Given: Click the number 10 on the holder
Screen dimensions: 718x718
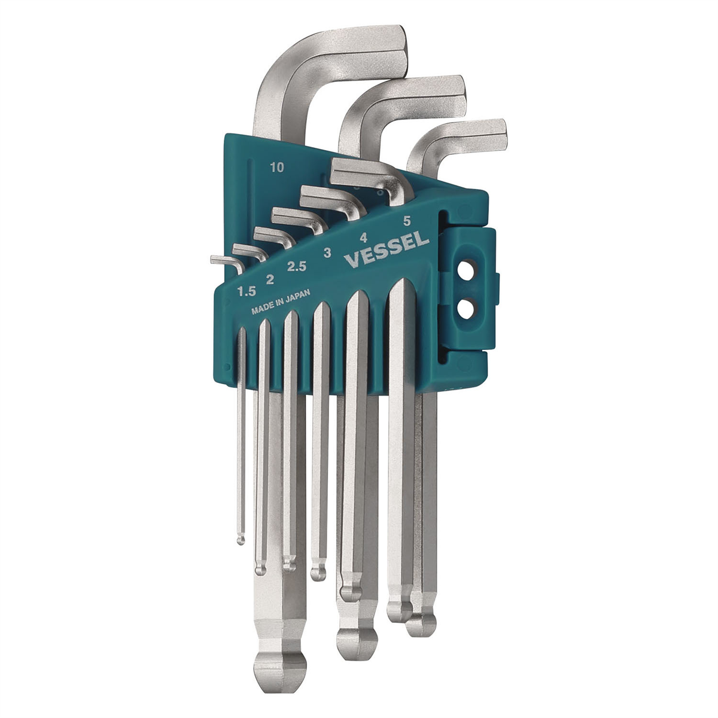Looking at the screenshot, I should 276,168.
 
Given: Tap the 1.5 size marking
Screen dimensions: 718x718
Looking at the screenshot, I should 246,291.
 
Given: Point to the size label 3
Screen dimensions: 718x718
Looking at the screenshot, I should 327,253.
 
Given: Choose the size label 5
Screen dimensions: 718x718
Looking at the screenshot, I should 407,221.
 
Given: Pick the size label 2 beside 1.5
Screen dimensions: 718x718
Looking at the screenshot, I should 270,278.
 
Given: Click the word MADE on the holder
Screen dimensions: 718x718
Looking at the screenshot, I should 264,311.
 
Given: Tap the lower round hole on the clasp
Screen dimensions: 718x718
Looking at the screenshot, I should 467,309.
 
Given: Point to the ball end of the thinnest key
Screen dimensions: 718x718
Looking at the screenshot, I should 241,540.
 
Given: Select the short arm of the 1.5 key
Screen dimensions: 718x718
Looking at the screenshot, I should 223,260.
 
